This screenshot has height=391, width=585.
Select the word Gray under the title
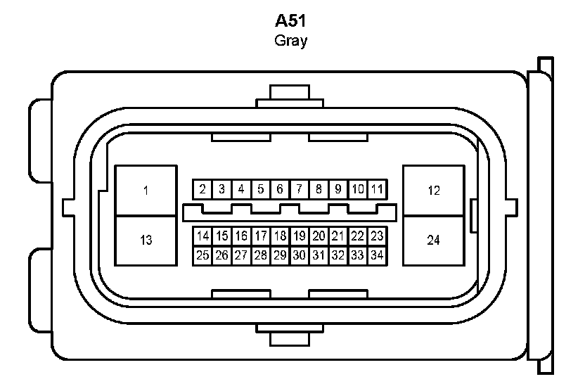(x=290, y=40)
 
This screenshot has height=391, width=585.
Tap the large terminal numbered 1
(x=146, y=190)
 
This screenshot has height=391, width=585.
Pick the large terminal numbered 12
(x=433, y=190)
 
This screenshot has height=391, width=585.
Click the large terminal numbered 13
(x=146, y=241)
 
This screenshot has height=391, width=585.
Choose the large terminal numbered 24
(x=433, y=241)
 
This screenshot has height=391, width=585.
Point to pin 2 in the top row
(x=202, y=189)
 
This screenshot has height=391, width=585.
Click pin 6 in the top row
(x=280, y=189)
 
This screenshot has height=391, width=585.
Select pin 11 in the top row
(x=377, y=189)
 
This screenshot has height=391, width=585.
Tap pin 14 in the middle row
(x=202, y=236)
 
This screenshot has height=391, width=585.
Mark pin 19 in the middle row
(x=300, y=236)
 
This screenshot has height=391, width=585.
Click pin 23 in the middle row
(x=377, y=236)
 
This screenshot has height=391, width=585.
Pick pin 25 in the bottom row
(x=202, y=255)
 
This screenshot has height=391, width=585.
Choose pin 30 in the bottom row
(x=300, y=255)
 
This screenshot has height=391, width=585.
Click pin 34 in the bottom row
(x=377, y=255)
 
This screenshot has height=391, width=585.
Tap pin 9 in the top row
(x=338, y=189)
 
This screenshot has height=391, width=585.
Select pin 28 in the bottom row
(x=261, y=255)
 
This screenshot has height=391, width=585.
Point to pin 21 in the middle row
(x=338, y=236)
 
